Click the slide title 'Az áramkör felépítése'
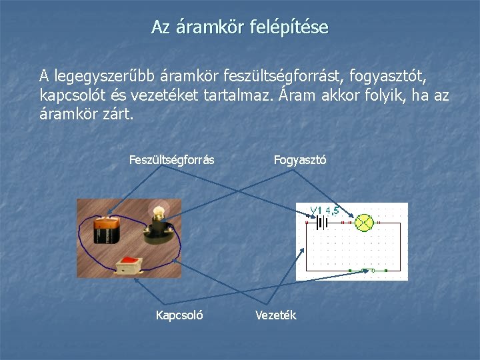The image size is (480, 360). point(239,27)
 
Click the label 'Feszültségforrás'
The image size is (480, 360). point(171,160)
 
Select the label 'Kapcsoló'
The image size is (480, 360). point(179,315)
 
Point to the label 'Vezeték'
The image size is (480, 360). point(276,315)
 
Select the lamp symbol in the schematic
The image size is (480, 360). point(365,223)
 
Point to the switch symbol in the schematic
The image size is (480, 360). point(369,270)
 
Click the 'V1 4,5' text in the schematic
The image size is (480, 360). point(325,211)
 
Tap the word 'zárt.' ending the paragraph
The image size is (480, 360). point(119,114)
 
